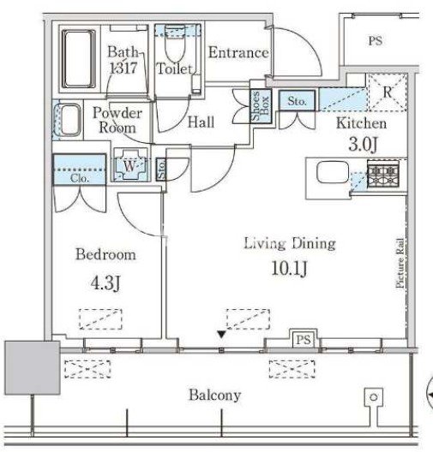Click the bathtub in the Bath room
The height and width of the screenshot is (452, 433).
click(79, 59)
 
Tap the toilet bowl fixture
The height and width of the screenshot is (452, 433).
click(175, 45)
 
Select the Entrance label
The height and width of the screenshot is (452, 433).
click(238, 52)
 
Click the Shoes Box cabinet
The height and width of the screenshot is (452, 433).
click(261, 106)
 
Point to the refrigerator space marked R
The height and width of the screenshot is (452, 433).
click(387, 92)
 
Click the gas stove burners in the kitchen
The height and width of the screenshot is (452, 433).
click(383, 175)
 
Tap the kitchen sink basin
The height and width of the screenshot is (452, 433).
click(333, 172)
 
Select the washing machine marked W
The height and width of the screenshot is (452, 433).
click(130, 165)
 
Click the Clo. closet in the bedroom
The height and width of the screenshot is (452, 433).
click(79, 169)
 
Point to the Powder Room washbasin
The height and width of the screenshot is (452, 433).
click(69, 120)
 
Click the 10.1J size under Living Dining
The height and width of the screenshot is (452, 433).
click(289, 269)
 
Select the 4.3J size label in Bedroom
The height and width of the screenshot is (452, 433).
click(105, 282)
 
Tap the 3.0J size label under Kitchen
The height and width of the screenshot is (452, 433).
click(363, 144)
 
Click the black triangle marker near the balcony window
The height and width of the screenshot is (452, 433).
click(221, 335)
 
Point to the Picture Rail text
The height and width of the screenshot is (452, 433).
click(400, 263)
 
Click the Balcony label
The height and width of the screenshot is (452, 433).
click(214, 395)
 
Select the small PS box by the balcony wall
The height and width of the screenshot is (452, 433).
click(304, 339)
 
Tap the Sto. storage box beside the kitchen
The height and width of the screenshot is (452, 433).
click(297, 101)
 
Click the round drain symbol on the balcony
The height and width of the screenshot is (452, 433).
click(374, 397)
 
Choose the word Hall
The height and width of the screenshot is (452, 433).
click(201, 122)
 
